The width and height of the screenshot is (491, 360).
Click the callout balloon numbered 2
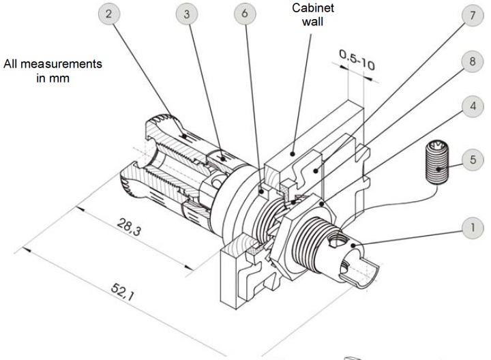coord(108,14)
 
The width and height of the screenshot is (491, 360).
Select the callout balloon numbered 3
coord(187,14)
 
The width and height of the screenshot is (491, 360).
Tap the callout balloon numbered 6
coord(245,14)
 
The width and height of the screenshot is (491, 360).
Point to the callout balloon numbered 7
coord(473,15)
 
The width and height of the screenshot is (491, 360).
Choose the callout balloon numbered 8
coord(473,61)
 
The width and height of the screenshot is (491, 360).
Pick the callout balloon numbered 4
coord(473,106)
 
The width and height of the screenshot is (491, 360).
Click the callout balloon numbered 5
coord(473,160)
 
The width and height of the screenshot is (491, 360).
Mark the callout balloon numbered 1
coord(473,228)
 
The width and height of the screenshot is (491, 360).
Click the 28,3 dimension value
coord(129,227)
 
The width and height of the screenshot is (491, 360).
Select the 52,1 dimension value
coord(123,291)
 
